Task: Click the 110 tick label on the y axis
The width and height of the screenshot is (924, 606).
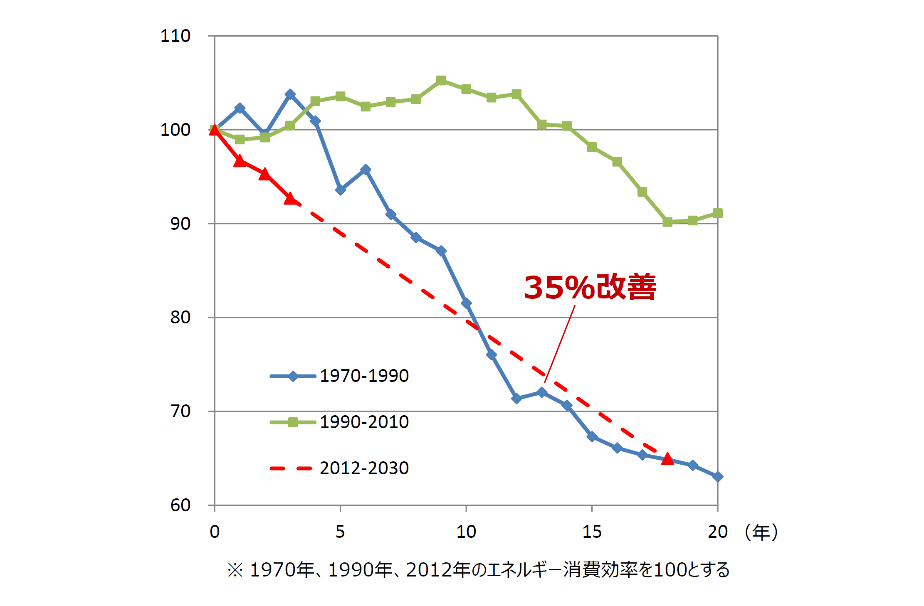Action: coord(175,36)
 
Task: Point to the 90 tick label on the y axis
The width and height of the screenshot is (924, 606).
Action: coord(180,224)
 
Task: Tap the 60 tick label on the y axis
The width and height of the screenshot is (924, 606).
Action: coord(180,505)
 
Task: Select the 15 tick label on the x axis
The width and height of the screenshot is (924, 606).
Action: coord(591,532)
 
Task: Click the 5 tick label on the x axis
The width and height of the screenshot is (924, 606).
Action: coord(340,532)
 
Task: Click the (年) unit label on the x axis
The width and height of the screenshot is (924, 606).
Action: coord(761,532)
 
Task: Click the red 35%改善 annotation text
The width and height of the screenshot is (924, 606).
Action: coord(590,287)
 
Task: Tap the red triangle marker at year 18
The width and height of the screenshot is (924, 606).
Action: coord(667,458)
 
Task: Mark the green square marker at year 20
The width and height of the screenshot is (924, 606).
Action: coord(718,213)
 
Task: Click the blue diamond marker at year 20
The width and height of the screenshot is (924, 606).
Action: coord(718,477)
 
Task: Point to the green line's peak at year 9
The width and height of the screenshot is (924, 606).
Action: coord(441,80)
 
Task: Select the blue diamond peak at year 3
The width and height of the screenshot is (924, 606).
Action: coord(290,95)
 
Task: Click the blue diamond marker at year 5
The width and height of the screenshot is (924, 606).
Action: coord(340,190)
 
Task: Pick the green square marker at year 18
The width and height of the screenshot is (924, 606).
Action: coord(667,222)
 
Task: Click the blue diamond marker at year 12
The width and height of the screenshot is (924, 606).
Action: coord(516,399)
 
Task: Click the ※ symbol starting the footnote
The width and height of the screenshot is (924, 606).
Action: coord(235,570)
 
